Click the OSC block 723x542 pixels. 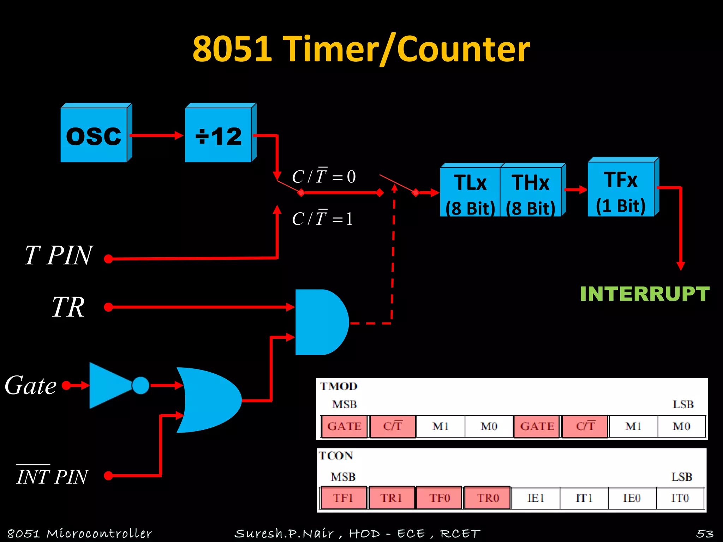94,135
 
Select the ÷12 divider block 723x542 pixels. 219,135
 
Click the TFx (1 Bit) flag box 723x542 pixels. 621,190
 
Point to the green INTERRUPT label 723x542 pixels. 645,294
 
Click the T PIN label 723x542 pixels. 59,255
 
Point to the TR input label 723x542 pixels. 68,307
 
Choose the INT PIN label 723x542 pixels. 52,476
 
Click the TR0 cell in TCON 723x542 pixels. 488,498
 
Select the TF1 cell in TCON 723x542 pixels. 343,498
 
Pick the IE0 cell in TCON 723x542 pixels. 632,498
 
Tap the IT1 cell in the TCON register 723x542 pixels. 584,498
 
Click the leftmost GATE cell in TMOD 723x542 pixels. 344,426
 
